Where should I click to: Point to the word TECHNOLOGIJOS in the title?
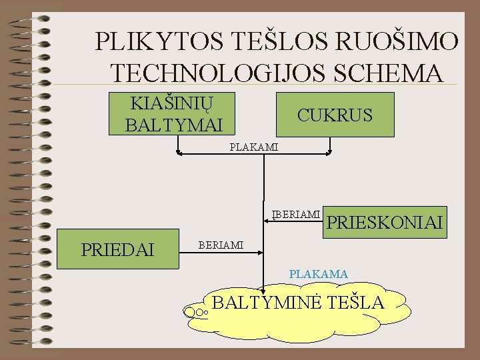click(x=220, y=72)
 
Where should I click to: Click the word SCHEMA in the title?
click(x=389, y=72)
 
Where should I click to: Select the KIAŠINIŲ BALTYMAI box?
click(x=173, y=113)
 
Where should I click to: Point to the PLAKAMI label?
click(x=253, y=147)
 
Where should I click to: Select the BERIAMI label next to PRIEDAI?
click(x=221, y=246)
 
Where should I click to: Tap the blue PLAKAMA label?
click(x=318, y=273)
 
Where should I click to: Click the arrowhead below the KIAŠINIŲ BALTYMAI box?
click(x=178, y=153)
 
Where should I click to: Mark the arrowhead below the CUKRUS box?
click(x=329, y=153)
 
